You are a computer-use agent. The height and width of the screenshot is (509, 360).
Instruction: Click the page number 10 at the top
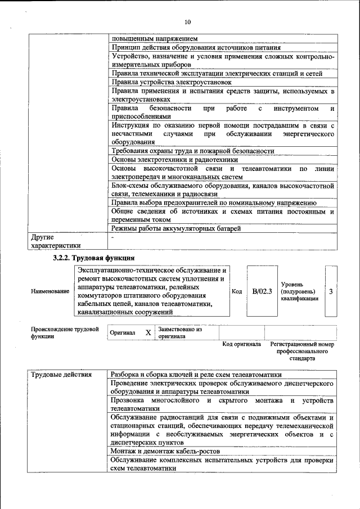(x=187, y=22)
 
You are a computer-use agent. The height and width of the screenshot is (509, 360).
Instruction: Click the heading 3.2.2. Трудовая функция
(x=93, y=258)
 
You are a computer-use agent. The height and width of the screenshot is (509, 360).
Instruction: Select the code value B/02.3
(x=262, y=291)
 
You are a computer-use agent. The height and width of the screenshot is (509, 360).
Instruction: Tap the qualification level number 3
(x=331, y=291)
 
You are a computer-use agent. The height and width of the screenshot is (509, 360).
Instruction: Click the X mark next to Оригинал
(x=148, y=332)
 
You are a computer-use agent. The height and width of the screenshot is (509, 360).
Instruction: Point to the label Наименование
(x=51, y=292)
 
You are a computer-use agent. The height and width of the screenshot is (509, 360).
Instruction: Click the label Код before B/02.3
(x=237, y=291)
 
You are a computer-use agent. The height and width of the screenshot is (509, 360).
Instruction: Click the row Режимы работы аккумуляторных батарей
(x=176, y=228)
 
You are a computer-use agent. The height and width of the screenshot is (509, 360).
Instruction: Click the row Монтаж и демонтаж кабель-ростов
(x=165, y=451)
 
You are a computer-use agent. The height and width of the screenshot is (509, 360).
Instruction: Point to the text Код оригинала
(x=241, y=344)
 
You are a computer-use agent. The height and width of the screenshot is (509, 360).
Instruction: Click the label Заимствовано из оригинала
(x=179, y=332)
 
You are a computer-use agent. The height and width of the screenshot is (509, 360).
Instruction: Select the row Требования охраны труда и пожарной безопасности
(x=192, y=151)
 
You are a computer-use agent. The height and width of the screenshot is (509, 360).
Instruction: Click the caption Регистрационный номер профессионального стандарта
(x=302, y=350)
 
